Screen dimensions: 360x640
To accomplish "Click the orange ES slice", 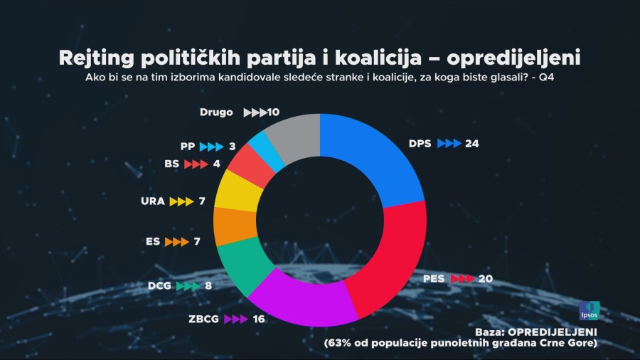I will (235, 226).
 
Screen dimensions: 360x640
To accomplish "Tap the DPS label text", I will (420, 143).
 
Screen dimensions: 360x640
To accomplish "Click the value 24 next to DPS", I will (472, 143).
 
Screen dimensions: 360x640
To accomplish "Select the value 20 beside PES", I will (486, 279).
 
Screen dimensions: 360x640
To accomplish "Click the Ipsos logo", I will (589, 311).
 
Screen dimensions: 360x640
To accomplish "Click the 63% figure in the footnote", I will (340, 344).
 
